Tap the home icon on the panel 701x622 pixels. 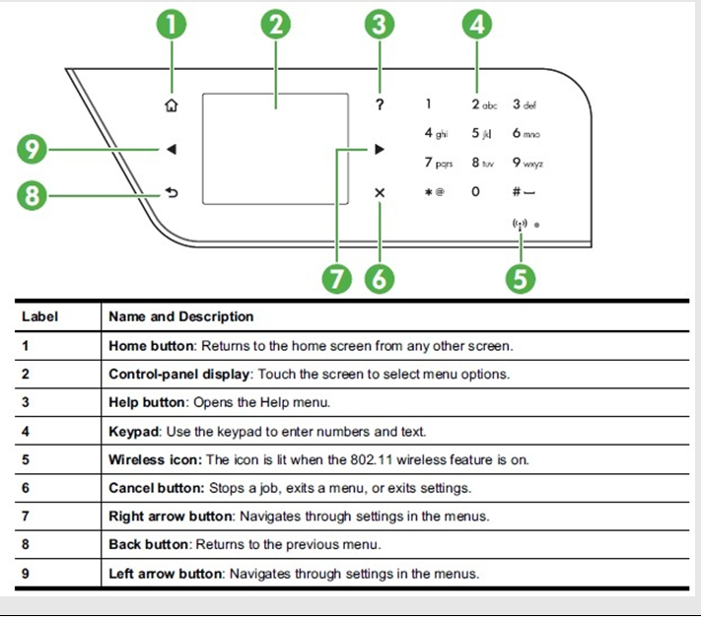[x=173, y=104]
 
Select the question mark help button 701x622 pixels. [x=380, y=104]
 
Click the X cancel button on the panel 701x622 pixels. [x=380, y=194]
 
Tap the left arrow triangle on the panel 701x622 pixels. [x=172, y=150]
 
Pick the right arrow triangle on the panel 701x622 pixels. [x=380, y=150]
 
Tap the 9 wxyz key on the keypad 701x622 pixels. [x=526, y=162]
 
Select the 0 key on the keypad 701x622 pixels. [x=476, y=191]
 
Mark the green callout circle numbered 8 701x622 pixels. [x=33, y=195]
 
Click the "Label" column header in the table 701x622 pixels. [x=39, y=316]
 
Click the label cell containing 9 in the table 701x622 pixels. [x=26, y=574]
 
